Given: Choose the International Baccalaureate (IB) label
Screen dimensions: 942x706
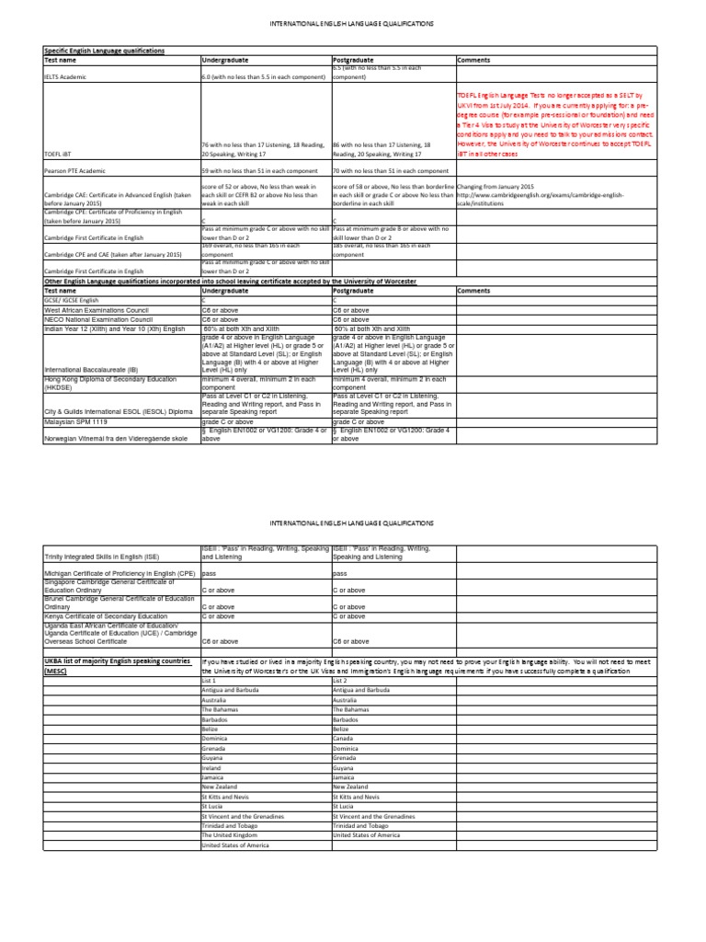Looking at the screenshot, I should coord(94,370).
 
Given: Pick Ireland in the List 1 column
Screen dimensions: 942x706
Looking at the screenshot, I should coord(211,766).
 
